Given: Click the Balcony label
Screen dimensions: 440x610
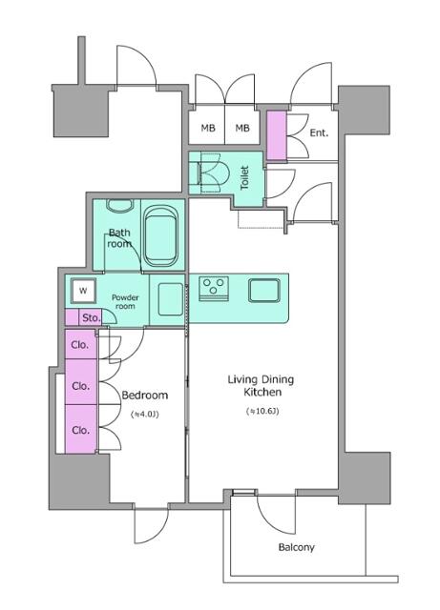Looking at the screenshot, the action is point(296,547).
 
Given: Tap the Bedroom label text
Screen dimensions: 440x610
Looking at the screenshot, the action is point(145,396).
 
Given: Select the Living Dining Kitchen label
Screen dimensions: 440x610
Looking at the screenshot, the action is point(261,385).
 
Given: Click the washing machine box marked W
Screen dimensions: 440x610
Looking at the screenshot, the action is point(83,291).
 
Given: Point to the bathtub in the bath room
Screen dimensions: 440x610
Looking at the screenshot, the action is point(161,236).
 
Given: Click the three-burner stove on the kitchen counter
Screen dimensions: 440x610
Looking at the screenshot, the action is point(214,289).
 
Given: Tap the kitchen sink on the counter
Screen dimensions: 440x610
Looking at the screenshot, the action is point(264,290).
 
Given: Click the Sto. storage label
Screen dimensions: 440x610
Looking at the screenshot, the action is point(91,317).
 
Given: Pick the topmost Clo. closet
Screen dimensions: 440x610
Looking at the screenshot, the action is point(81,344).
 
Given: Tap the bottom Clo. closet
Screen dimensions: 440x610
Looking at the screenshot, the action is point(81,429).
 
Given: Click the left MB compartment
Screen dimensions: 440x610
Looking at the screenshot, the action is point(207,127).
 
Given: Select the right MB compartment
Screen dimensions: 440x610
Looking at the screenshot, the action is point(242,127).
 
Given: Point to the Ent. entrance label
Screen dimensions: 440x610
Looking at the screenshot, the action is point(319,133).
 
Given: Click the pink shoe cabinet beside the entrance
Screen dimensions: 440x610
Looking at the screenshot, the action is point(277,135).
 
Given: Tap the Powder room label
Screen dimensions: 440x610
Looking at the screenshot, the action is point(125,302).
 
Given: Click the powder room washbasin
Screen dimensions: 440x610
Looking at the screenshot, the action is point(170,299).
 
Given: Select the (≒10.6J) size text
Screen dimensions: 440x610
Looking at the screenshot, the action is point(262,411).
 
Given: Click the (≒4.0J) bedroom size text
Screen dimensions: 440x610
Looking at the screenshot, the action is point(145,415).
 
